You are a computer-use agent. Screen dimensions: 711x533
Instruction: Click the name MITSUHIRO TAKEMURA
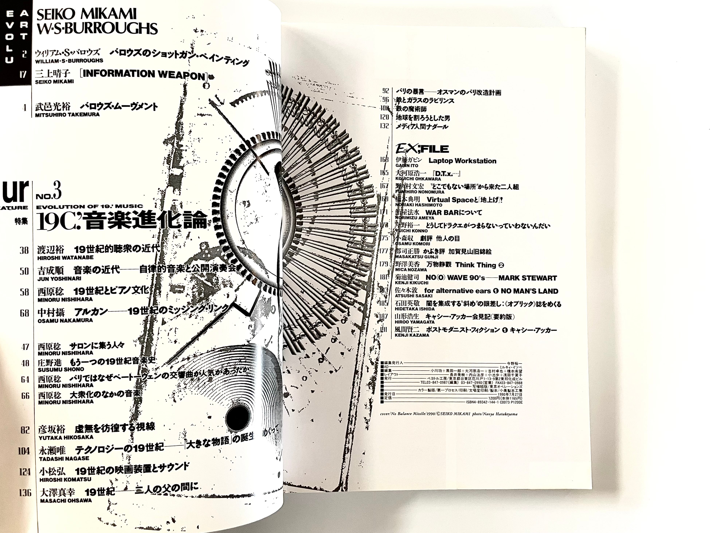[67, 114]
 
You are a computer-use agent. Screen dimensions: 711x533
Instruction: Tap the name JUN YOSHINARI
[59, 279]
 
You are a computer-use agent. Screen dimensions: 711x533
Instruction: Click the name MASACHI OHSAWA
[66, 500]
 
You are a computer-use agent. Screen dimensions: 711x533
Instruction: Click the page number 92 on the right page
[385, 91]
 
